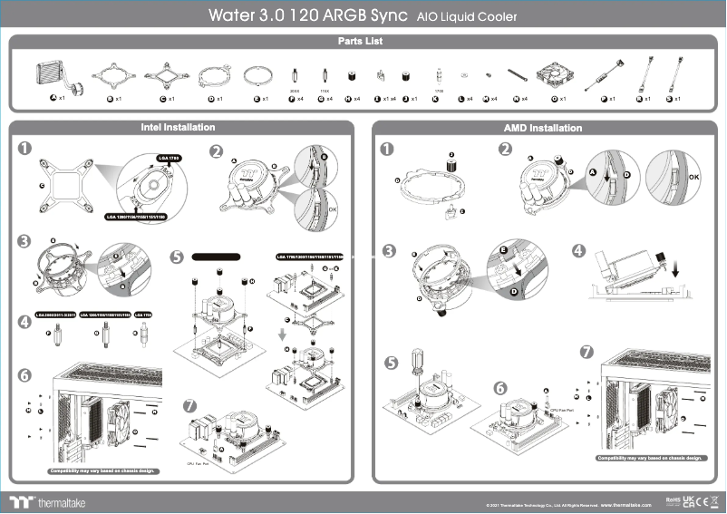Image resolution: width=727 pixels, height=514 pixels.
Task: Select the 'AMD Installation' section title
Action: tap(542, 129)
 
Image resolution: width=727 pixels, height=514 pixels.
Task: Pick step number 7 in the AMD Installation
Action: tap(586, 351)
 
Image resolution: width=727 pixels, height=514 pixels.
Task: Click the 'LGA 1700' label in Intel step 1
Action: tap(170, 158)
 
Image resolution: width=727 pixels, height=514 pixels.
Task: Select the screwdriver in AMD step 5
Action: tap(418, 365)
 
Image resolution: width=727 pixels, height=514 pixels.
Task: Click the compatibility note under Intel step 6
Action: tap(102, 471)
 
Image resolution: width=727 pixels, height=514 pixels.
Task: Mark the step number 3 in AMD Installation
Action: tap(389, 251)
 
